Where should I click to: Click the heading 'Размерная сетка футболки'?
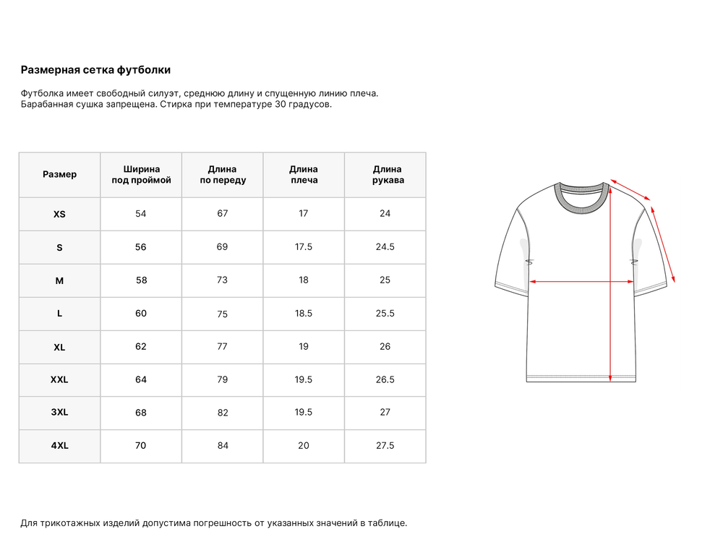click(x=95, y=70)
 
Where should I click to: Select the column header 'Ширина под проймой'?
click(x=141, y=174)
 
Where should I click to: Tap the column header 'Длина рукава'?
click(x=388, y=174)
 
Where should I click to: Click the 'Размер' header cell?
click(x=59, y=174)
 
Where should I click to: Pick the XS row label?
click(x=59, y=215)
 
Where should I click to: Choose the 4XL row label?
click(x=59, y=446)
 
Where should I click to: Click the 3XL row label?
click(x=59, y=413)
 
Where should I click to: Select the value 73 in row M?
click(x=223, y=280)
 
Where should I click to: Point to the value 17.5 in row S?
click(x=304, y=246)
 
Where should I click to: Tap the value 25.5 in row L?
click(x=385, y=313)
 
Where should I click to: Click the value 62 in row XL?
click(x=141, y=346)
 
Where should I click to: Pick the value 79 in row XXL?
click(x=223, y=379)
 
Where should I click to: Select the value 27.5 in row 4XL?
click(x=385, y=445)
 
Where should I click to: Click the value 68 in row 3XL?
click(x=141, y=413)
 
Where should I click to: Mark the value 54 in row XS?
click(x=141, y=213)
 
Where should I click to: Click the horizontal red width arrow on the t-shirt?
click(x=581, y=281)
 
